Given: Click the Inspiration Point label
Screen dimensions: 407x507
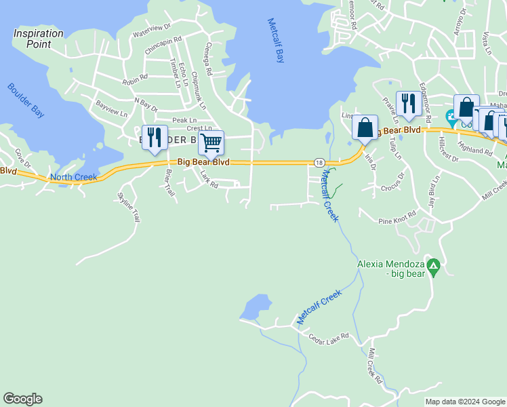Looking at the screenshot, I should pos(39,39).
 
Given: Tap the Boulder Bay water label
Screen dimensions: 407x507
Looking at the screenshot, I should pos(26,100).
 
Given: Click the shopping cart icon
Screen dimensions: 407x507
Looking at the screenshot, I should pos(211,142).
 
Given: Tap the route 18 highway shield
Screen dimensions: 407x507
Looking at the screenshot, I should pos(319,162).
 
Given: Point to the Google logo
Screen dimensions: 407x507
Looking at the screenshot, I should pos(22,399).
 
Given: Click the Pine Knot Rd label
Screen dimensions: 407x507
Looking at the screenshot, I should pos(396,221).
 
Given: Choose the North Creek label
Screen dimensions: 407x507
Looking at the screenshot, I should pos(74,178).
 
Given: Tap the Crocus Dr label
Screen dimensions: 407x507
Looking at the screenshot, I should pos(392,188).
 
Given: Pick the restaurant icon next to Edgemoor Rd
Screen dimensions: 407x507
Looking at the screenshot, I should pos(407,103).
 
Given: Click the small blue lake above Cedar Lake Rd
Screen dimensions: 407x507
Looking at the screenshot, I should pos(256,307).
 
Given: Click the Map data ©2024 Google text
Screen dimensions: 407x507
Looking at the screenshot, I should pos(465,402).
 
